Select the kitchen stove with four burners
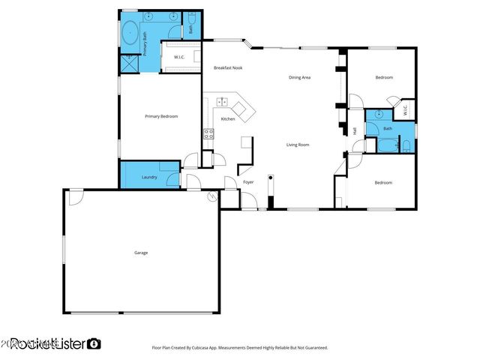(x=208, y=134)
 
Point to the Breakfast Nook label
(x=227, y=68)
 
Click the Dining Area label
(x=300, y=77)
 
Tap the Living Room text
(x=298, y=145)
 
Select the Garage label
(x=141, y=253)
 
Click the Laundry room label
(x=149, y=177)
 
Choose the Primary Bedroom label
(x=161, y=116)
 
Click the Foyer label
(x=248, y=182)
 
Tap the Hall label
(x=354, y=132)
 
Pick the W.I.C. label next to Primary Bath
(x=179, y=57)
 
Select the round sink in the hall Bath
(x=379, y=115)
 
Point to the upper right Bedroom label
(x=383, y=77)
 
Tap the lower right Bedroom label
(x=383, y=182)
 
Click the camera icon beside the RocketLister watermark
(x=94, y=343)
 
